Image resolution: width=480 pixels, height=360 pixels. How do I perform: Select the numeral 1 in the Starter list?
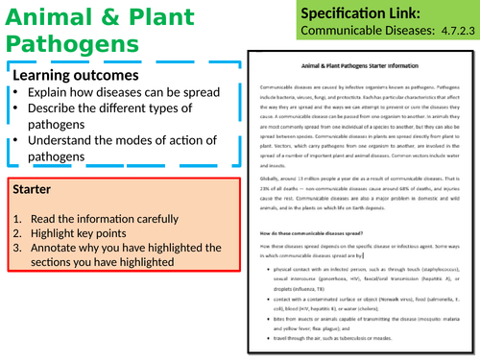click(17, 219)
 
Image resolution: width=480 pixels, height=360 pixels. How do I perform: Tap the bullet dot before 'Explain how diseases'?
click(19, 92)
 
